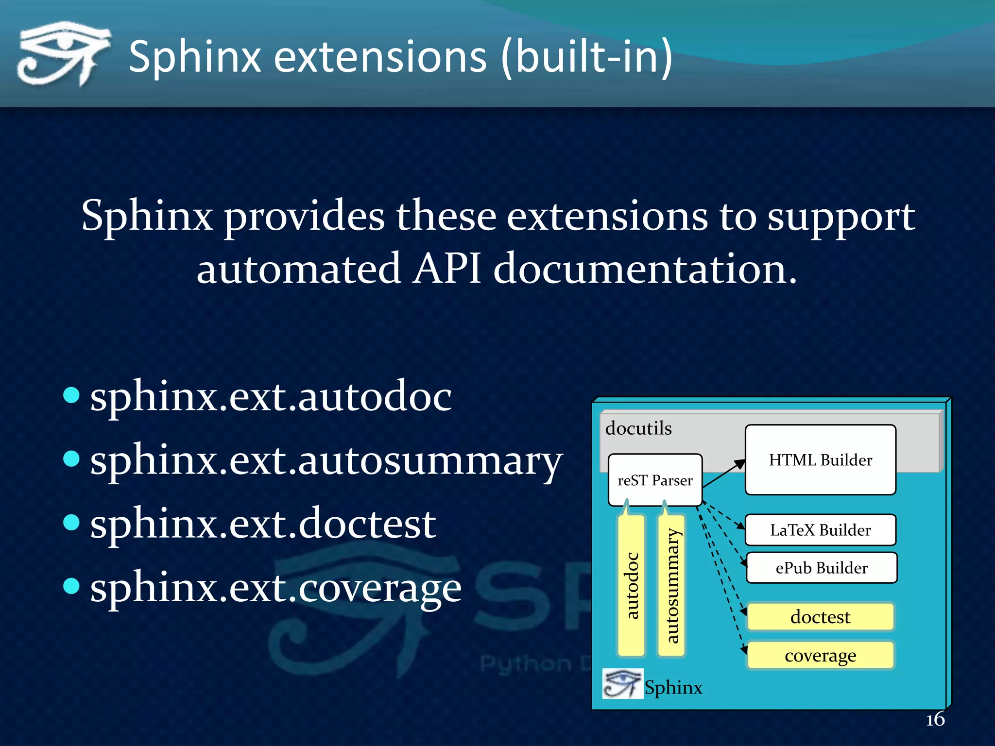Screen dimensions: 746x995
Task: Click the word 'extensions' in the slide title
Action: click(380, 57)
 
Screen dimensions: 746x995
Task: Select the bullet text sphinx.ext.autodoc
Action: click(271, 397)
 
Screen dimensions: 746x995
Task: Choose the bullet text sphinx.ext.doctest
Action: click(263, 524)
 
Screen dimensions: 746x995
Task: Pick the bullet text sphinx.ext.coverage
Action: click(275, 588)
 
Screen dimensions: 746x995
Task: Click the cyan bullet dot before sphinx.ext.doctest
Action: click(71, 522)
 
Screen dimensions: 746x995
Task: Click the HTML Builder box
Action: click(820, 460)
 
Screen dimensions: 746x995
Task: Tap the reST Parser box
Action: click(655, 480)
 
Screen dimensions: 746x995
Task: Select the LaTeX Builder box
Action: click(820, 530)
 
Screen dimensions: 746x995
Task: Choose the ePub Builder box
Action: click(821, 568)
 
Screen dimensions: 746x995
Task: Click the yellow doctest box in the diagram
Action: click(820, 617)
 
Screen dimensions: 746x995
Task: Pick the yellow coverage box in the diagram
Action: click(820, 655)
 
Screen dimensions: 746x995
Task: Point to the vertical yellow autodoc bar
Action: click(632, 585)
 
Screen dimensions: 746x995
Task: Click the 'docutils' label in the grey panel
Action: click(638, 428)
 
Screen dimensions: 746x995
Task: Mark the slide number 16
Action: click(935, 719)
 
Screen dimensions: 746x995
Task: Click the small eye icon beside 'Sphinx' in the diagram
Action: click(622, 683)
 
